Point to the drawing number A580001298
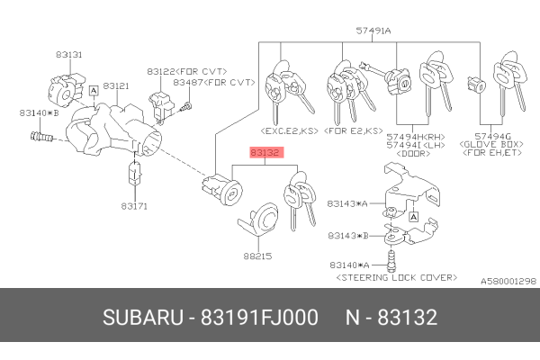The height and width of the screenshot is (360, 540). pos(506,282)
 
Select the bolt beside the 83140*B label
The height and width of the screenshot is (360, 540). pos(40,138)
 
